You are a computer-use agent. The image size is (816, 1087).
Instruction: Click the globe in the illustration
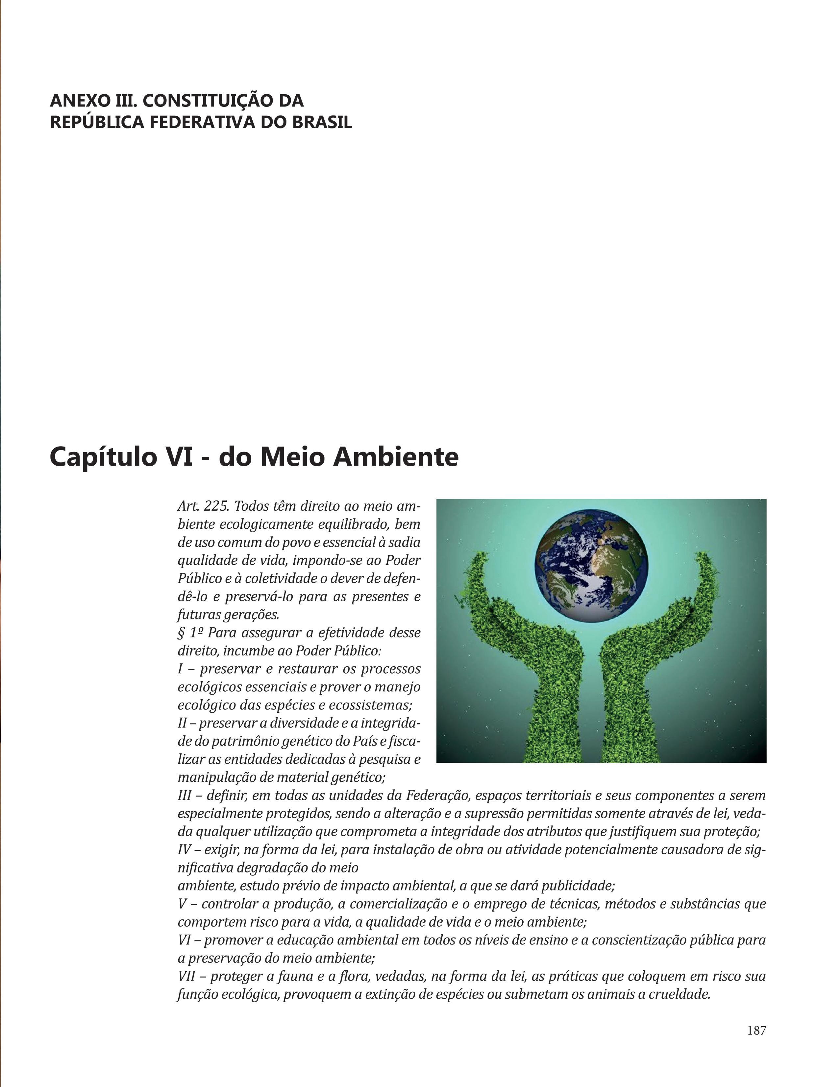coord(591,566)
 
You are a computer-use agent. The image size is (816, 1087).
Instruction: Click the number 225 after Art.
coord(215,506)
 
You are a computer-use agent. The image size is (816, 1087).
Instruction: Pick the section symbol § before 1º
coord(181,633)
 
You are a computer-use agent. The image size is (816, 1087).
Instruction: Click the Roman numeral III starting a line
coord(185,796)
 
